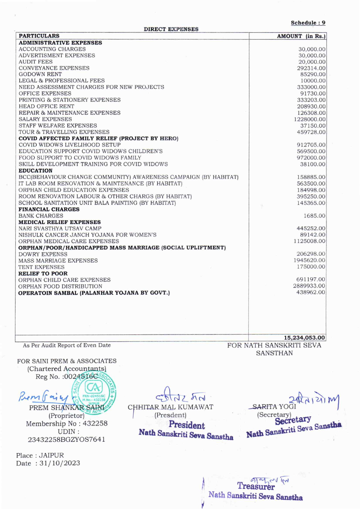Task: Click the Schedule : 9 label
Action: click(308, 23)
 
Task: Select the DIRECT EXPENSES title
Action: click(171, 29)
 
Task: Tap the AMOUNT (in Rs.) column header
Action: click(301, 36)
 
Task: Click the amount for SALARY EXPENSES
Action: click(309, 119)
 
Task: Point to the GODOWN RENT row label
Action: click(40, 74)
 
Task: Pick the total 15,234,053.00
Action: click(304, 338)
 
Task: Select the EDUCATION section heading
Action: click(35, 170)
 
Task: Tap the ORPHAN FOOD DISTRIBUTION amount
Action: click(309, 286)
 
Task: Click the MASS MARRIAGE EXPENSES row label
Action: click(58, 260)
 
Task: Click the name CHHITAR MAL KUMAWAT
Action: click(171, 407)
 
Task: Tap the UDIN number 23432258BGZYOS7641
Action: click(66, 439)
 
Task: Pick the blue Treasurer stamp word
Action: click(256, 486)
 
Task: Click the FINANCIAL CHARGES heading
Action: click(49, 209)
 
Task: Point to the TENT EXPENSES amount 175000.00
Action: click(311, 267)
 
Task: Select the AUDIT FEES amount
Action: click(312, 62)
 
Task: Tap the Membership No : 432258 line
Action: click(66, 423)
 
